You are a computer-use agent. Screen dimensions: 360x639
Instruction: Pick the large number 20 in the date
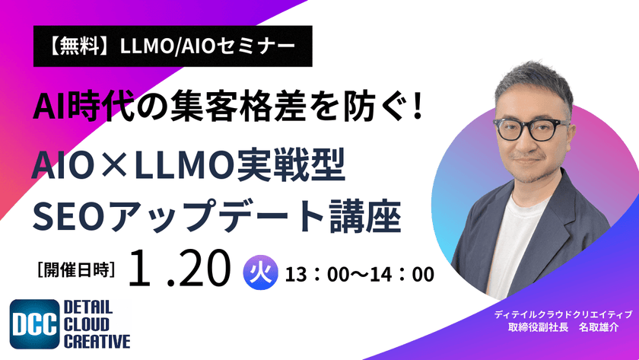tap(204, 269)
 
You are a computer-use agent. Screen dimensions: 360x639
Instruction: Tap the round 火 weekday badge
tap(258, 272)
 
